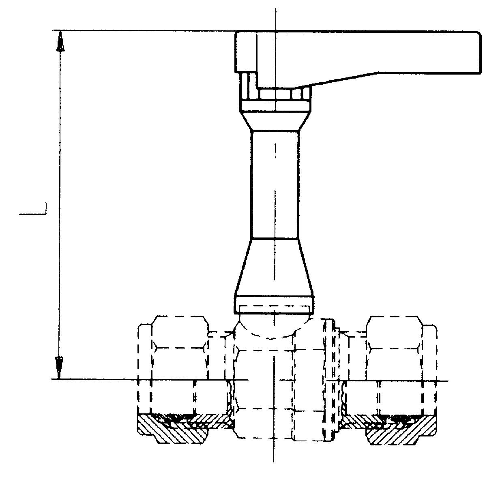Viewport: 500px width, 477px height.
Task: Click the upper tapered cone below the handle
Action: point(275,121)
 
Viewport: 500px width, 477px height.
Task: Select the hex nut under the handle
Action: point(275,94)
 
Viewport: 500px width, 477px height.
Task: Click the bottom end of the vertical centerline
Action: point(274,460)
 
